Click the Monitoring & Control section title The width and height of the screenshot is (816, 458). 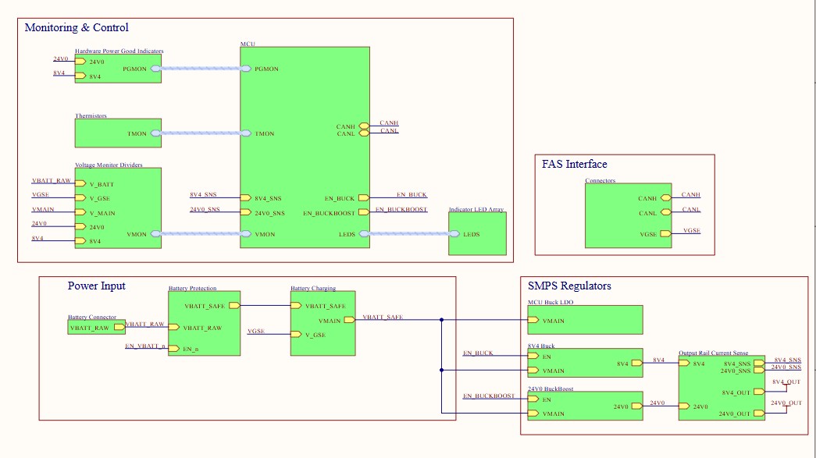click(77, 28)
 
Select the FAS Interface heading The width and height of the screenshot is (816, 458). click(574, 165)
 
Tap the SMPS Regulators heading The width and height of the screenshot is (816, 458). click(569, 286)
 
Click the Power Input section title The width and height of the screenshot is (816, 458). click(96, 286)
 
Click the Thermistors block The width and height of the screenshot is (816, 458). click(118, 133)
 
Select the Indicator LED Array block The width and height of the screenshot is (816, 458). click(477, 233)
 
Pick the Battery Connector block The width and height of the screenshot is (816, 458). click(91, 328)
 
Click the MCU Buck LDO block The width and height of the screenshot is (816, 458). click(585, 320)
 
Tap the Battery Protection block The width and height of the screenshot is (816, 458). click(204, 324)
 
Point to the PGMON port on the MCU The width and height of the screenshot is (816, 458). click(247, 69)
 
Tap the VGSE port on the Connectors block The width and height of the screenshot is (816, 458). click(665, 233)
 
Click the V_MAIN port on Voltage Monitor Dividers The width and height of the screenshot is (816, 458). click(80, 213)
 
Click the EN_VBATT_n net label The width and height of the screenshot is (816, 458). click(145, 345)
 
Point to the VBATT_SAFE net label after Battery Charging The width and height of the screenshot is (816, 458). click(383, 317)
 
